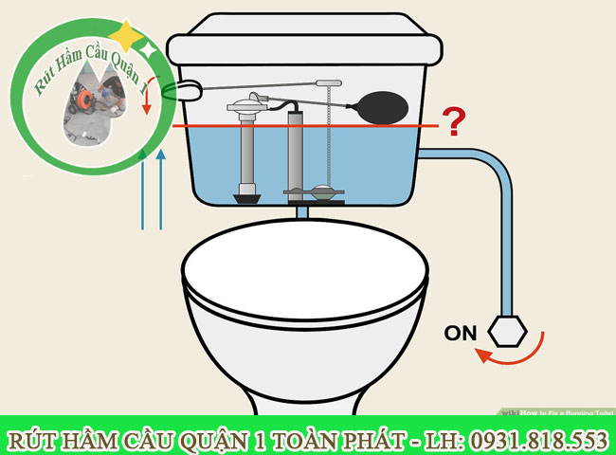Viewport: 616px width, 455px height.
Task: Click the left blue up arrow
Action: (142, 190)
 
